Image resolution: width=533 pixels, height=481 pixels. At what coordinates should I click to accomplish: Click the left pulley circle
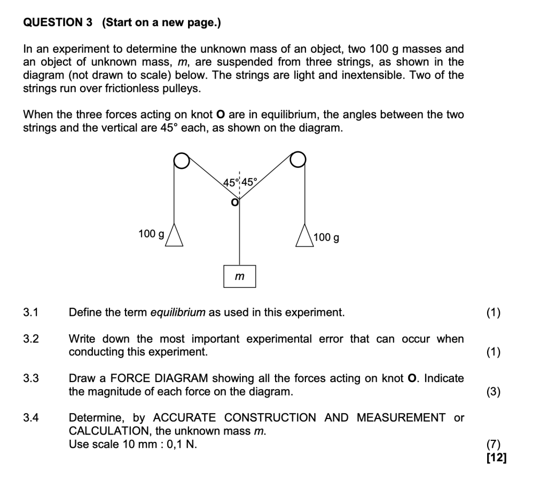click(181, 161)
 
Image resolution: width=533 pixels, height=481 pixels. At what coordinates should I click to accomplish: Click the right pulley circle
click(298, 159)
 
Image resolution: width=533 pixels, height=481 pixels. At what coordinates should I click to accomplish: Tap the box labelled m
click(240, 276)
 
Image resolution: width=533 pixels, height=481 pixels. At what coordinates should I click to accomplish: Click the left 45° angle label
click(230, 182)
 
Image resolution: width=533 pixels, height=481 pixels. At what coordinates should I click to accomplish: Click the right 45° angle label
click(249, 182)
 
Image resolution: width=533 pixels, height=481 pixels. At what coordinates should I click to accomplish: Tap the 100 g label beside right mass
click(327, 238)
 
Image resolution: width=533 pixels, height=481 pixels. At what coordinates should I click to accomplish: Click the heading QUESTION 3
click(58, 22)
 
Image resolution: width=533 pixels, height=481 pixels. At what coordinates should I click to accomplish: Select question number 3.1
click(31, 313)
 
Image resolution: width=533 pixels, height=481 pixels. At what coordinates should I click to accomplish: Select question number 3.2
click(31, 339)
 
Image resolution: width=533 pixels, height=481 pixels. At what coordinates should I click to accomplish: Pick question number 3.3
click(31, 378)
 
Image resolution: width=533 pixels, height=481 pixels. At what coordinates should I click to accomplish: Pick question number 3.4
click(31, 418)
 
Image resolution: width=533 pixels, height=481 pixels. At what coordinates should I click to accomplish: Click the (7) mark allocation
click(493, 445)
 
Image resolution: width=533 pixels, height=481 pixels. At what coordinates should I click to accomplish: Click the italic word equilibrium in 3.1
click(178, 313)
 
